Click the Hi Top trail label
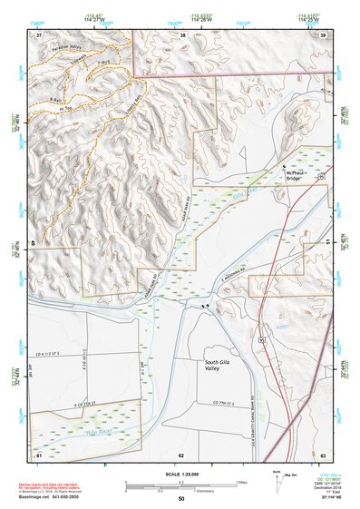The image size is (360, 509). pyautogui.click(x=65, y=106)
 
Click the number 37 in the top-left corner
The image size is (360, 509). pyautogui.click(x=39, y=34)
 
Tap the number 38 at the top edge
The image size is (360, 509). pyautogui.click(x=182, y=34)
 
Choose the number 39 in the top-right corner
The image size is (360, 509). pyautogui.click(x=323, y=34)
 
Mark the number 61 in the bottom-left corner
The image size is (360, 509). pyautogui.click(x=39, y=454)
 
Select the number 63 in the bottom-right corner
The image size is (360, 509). pyautogui.click(x=323, y=454)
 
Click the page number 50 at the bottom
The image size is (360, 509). pyautogui.click(x=180, y=499)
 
